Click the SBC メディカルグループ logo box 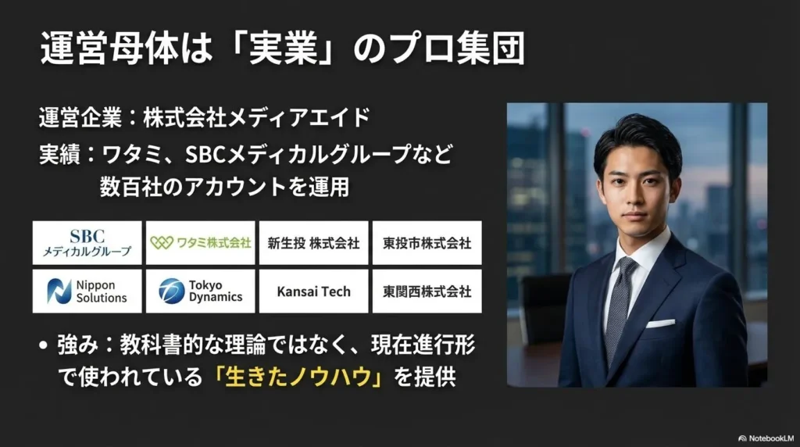[87, 243]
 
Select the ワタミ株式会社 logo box [201, 243]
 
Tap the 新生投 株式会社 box [314, 243]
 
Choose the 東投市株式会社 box [427, 243]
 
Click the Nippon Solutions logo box [87, 291]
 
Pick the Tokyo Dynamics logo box [201, 291]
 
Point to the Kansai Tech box [314, 291]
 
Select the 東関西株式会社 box [427, 291]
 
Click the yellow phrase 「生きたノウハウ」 [298, 377]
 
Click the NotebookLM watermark [766, 438]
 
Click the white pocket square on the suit [661, 323]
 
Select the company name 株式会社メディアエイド [256, 118]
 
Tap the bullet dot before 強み [44, 346]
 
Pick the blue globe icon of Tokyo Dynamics [171, 291]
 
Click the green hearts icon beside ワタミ [162, 243]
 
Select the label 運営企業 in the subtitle [80, 118]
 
